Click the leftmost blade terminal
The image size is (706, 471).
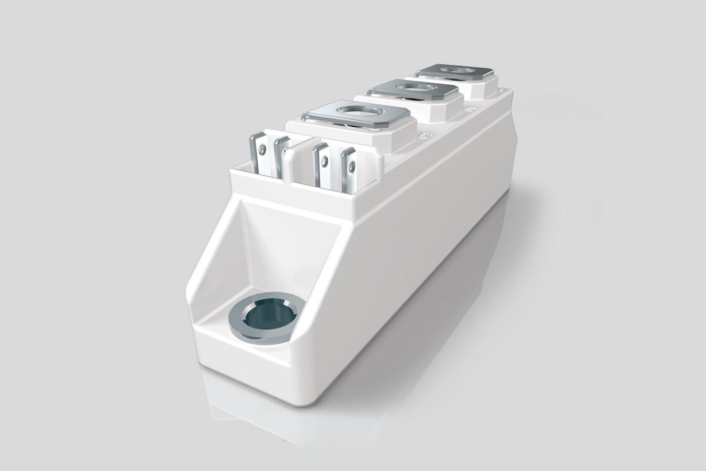pyautogui.click(x=258, y=154)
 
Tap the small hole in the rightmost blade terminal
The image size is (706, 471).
pyautogui.click(x=351, y=167)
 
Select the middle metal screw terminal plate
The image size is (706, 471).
pyautogui.click(x=413, y=89)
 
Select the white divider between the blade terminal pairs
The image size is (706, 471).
pyautogui.click(x=297, y=159)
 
